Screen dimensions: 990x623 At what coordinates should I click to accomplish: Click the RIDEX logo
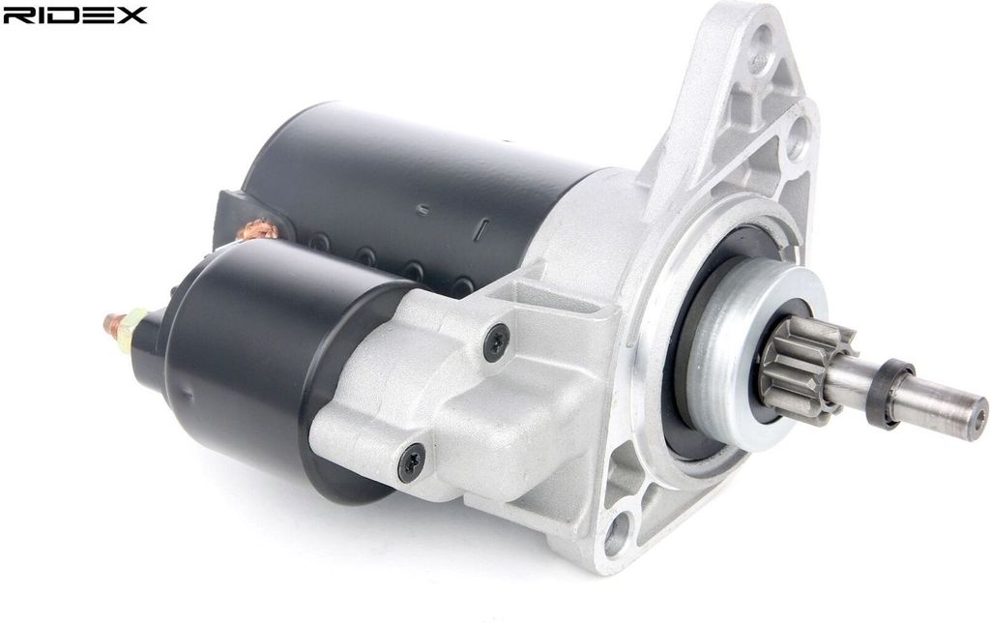click(x=74, y=15)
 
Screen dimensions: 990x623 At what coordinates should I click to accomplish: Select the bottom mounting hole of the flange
click(x=617, y=534)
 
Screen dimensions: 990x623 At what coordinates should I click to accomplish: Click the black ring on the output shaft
click(x=889, y=392)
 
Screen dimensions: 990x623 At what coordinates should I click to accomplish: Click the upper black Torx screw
click(x=497, y=341)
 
